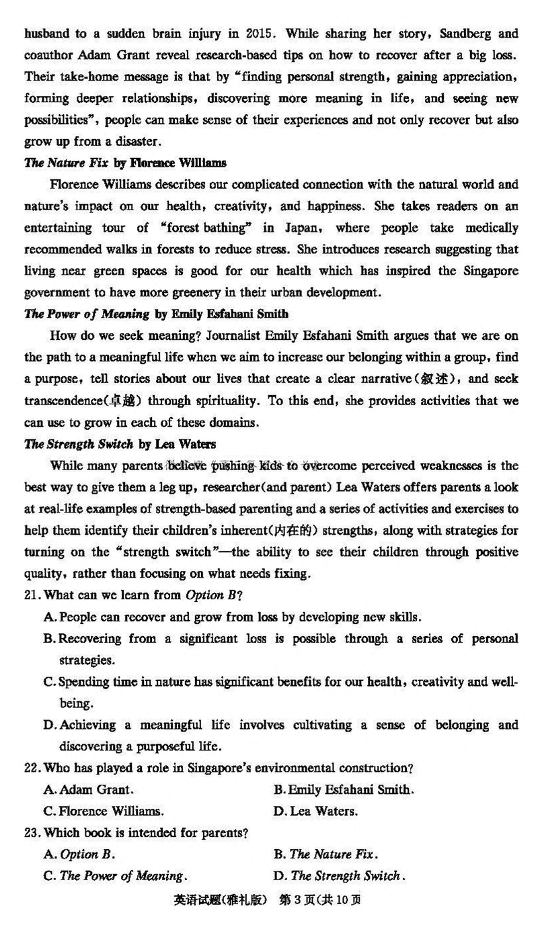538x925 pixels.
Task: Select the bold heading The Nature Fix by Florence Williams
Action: click(126, 163)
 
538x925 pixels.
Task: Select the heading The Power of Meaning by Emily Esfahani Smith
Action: click(147, 314)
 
